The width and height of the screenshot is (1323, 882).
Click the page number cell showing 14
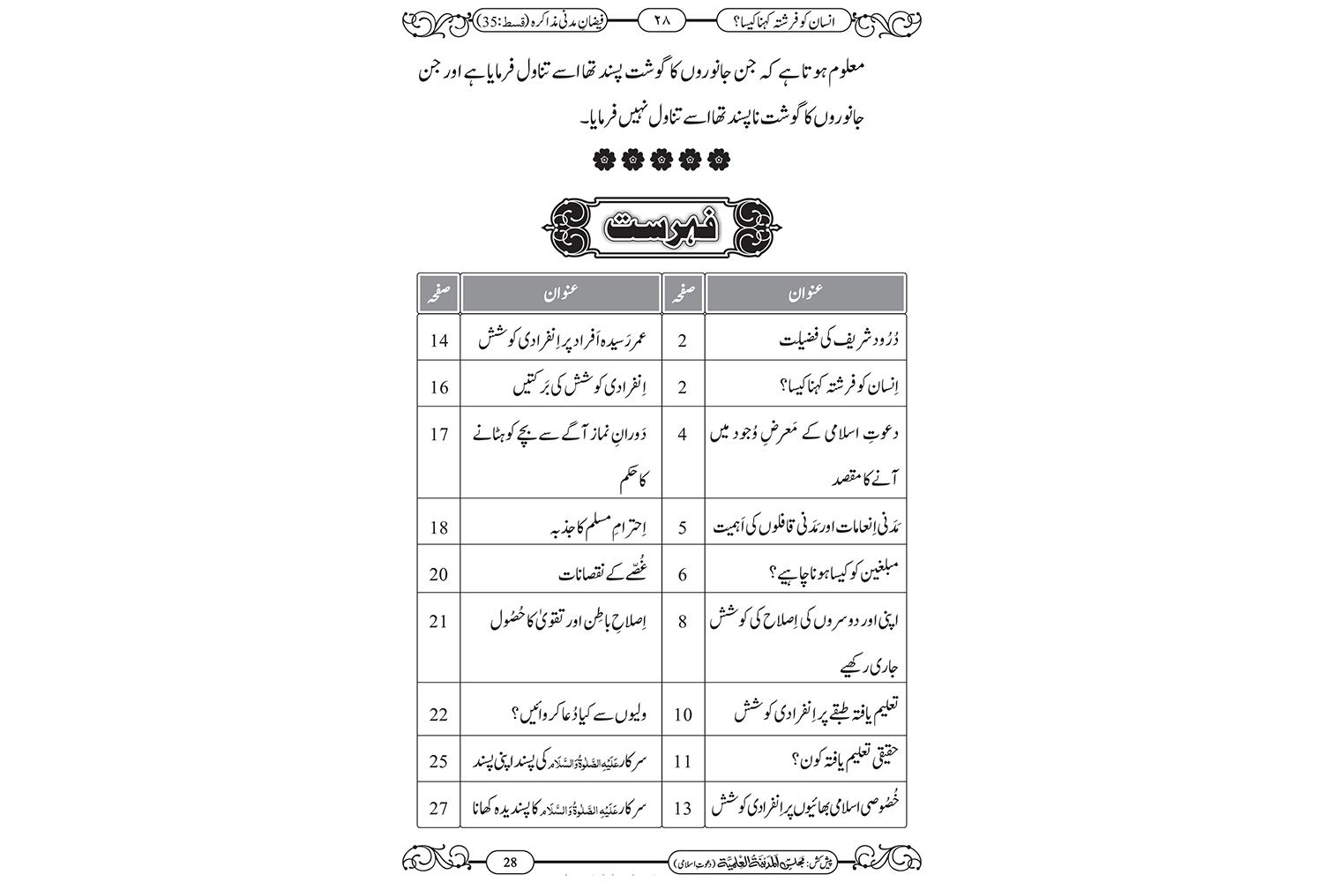[439, 340]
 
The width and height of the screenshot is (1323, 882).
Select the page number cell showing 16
[439, 387]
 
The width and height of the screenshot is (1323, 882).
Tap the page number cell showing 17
[439, 435]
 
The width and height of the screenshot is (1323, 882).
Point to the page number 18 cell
[439, 527]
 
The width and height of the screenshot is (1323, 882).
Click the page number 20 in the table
[439, 574]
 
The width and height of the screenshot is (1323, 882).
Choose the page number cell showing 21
[439, 621]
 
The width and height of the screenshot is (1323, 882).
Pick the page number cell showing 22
[439, 714]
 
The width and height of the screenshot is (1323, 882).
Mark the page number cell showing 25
[439, 761]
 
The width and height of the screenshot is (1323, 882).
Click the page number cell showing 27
[439, 808]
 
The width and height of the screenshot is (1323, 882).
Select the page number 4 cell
[683, 435]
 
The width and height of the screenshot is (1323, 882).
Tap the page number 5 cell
[683, 527]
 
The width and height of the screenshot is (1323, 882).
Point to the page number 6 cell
[683, 574]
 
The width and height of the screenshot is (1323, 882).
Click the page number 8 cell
[683, 621]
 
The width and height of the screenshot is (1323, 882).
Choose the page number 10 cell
[683, 714]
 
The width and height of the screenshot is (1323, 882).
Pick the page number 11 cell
[683, 761]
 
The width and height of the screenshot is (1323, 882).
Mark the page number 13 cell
[683, 808]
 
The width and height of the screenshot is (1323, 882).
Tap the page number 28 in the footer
[510, 862]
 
